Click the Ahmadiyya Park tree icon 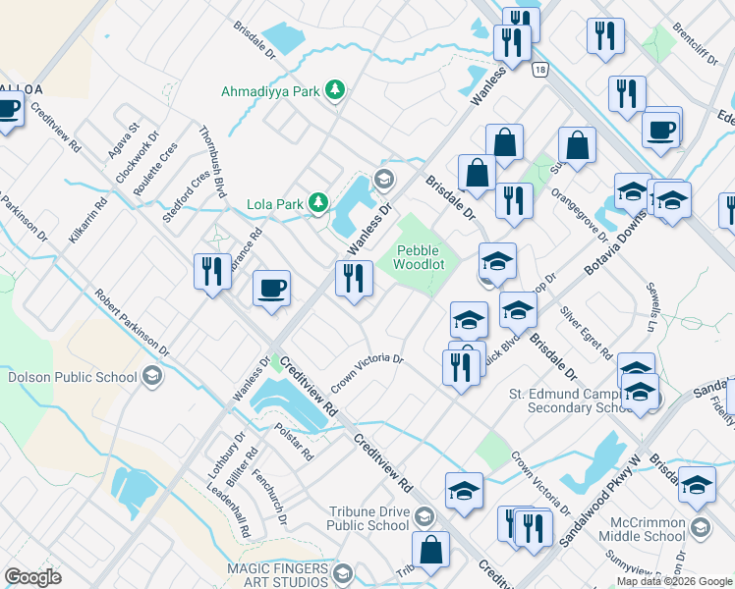pyautogui.click(x=336, y=91)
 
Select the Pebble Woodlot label pyautogui.click(x=420, y=257)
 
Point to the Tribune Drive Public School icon pyautogui.click(x=424, y=515)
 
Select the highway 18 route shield pyautogui.click(x=539, y=71)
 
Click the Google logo pyautogui.click(x=32, y=576)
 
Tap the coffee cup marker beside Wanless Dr pyautogui.click(x=272, y=289)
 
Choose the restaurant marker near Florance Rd pyautogui.click(x=212, y=272)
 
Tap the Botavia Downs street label pyautogui.click(x=617, y=246)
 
